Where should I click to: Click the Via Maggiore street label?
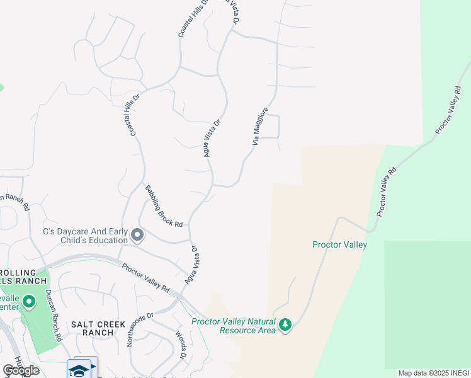[x=261, y=128]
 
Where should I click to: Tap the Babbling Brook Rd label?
[x=164, y=206]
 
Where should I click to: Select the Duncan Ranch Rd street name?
[x=53, y=315]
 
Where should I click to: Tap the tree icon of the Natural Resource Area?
[x=286, y=324]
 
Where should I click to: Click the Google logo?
[x=21, y=370]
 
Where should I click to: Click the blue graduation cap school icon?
[x=79, y=370]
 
